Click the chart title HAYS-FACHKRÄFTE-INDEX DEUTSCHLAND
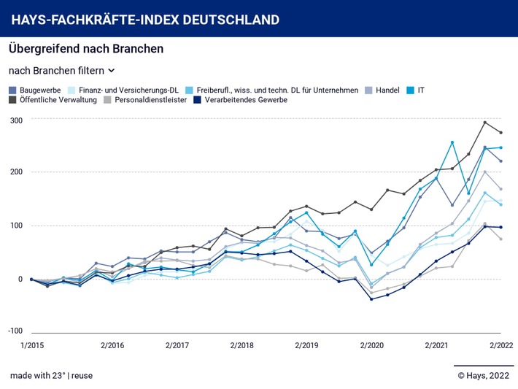tap(145, 18)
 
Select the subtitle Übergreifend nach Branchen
tap(86, 49)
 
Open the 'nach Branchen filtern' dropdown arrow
tap(112, 71)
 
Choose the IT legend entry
tap(422, 90)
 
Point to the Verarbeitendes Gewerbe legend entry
tap(246, 100)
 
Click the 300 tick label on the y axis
tap(16, 120)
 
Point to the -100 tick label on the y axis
tap(15, 331)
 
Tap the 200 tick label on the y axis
tap(16, 172)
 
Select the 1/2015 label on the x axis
tap(32, 344)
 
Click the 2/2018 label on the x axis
tap(242, 344)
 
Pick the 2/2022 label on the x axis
tap(500, 344)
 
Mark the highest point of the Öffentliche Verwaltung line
tap(484, 122)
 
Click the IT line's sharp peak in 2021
tap(452, 142)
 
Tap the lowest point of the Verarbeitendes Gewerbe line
tap(371, 299)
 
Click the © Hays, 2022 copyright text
tap(484, 375)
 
